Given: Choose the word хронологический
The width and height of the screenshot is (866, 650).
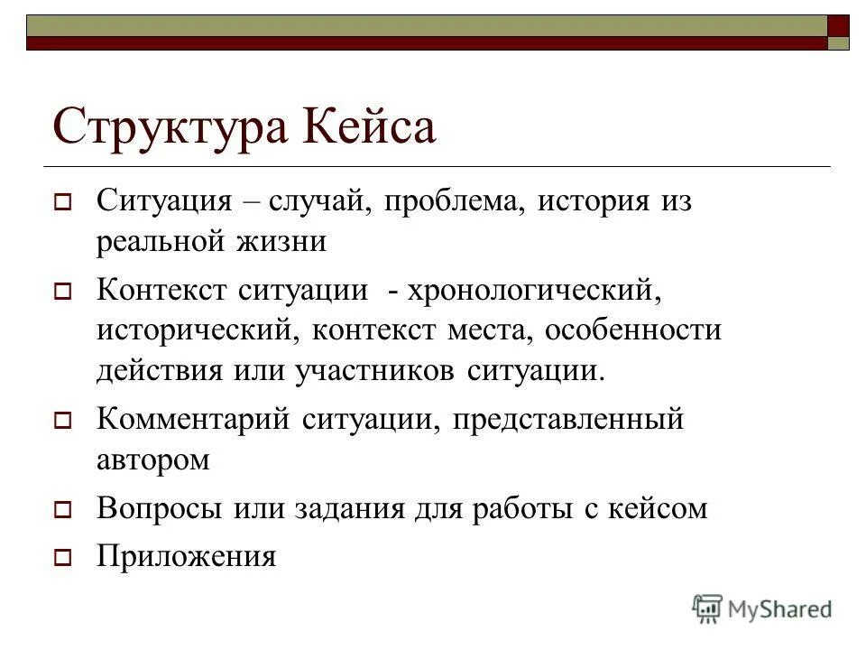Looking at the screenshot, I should click(531, 290).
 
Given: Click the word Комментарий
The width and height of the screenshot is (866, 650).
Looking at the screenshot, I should click(193, 420).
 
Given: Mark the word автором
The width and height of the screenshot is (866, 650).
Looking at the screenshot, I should click(153, 460).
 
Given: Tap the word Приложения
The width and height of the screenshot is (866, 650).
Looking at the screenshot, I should click(186, 556).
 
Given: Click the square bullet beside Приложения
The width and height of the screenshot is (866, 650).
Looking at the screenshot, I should click(62, 558).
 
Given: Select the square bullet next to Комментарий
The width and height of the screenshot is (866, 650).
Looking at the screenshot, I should click(62, 421).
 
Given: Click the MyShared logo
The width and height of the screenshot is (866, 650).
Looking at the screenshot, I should click(762, 608).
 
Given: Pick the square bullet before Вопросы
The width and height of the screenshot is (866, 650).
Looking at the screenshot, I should click(62, 510).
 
